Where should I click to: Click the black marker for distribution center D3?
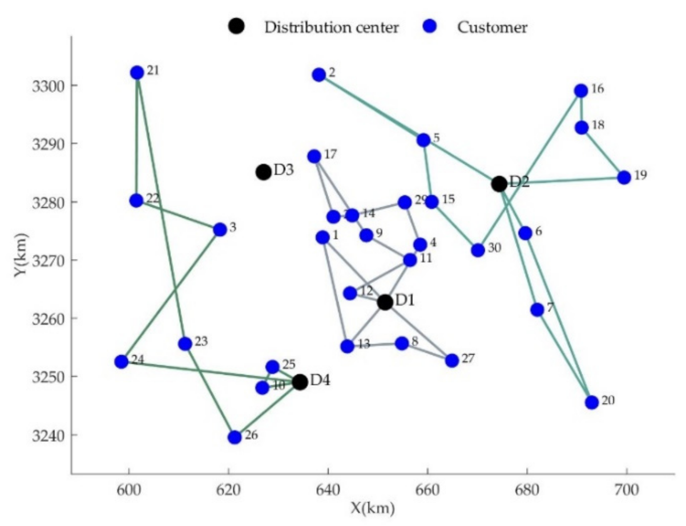pyautogui.click(x=263, y=171)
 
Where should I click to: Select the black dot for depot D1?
pyautogui.click(x=385, y=302)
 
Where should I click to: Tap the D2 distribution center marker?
pyautogui.click(x=499, y=183)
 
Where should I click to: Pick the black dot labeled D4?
pyautogui.click(x=300, y=382)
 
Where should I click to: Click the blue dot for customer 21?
pyautogui.click(x=137, y=73)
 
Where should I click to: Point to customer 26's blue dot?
pyautogui.click(x=235, y=437)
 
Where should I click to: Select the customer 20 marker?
pyautogui.click(x=591, y=402)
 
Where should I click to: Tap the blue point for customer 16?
pyautogui.click(x=581, y=91)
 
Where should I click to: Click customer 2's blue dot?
pyautogui.click(x=319, y=75)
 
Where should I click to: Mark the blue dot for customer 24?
pyautogui.click(x=121, y=362)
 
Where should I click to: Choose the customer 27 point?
pyautogui.click(x=452, y=360)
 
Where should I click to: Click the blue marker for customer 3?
pyautogui.click(x=220, y=229)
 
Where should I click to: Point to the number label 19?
pyautogui.click(x=641, y=175)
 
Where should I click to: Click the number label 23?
pyautogui.click(x=201, y=342)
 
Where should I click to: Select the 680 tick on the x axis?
pyautogui.click(x=527, y=490)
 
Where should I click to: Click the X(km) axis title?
pyautogui.click(x=372, y=508)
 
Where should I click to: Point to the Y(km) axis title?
pyautogui.click(x=21, y=255)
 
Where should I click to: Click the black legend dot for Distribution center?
pyautogui.click(x=237, y=27)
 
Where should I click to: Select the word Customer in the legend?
pyautogui.click(x=492, y=27)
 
